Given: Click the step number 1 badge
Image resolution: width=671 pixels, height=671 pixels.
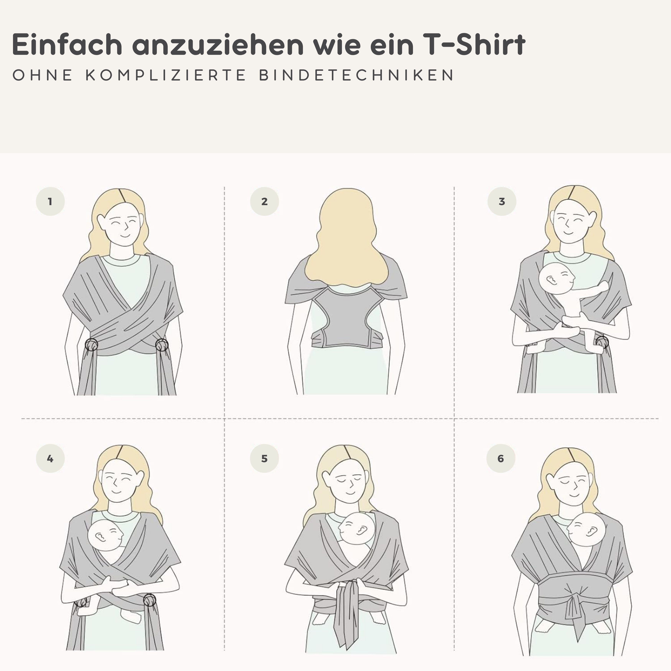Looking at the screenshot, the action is (x=50, y=201).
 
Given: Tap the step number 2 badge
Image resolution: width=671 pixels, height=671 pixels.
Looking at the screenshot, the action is (x=265, y=201).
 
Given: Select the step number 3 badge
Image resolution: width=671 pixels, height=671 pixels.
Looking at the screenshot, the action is (x=502, y=201).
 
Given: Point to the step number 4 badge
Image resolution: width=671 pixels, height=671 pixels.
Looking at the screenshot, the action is (x=50, y=458).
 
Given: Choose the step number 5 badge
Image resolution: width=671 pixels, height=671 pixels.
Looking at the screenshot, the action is (x=265, y=458).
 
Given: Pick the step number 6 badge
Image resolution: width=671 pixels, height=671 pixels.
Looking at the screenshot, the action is (x=501, y=458).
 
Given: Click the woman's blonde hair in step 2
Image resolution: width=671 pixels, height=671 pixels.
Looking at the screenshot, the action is (x=347, y=236).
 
